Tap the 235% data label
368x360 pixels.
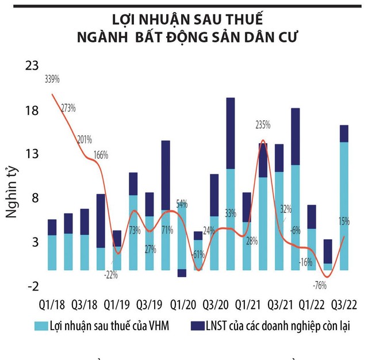pos(262,125)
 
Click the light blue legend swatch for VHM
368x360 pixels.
pos(40,325)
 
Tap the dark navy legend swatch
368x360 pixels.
pos(197,325)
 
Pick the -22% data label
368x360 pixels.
pos(111,274)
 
